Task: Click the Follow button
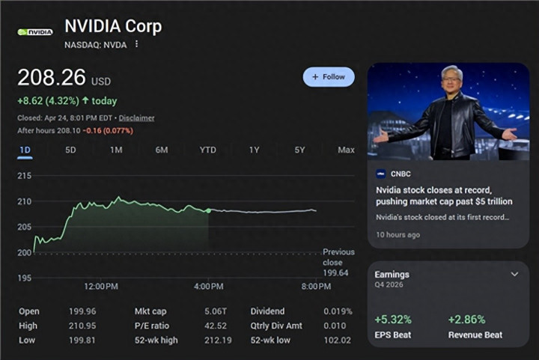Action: (329, 77)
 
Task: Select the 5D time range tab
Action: (70, 150)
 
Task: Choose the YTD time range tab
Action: (207, 150)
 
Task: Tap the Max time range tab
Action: (346, 150)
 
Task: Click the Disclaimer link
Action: (136, 118)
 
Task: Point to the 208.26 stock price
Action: (51, 78)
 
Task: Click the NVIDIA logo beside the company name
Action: (35, 32)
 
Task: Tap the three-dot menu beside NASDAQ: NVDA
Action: (136, 44)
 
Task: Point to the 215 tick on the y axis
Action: (24, 176)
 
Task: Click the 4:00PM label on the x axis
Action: (207, 287)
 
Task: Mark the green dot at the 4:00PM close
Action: (208, 211)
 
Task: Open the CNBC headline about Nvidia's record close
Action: (444, 196)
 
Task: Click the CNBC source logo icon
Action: (381, 174)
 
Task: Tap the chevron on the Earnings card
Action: (514, 275)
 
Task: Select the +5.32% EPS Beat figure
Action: (393, 320)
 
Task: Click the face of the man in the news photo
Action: (451, 79)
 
